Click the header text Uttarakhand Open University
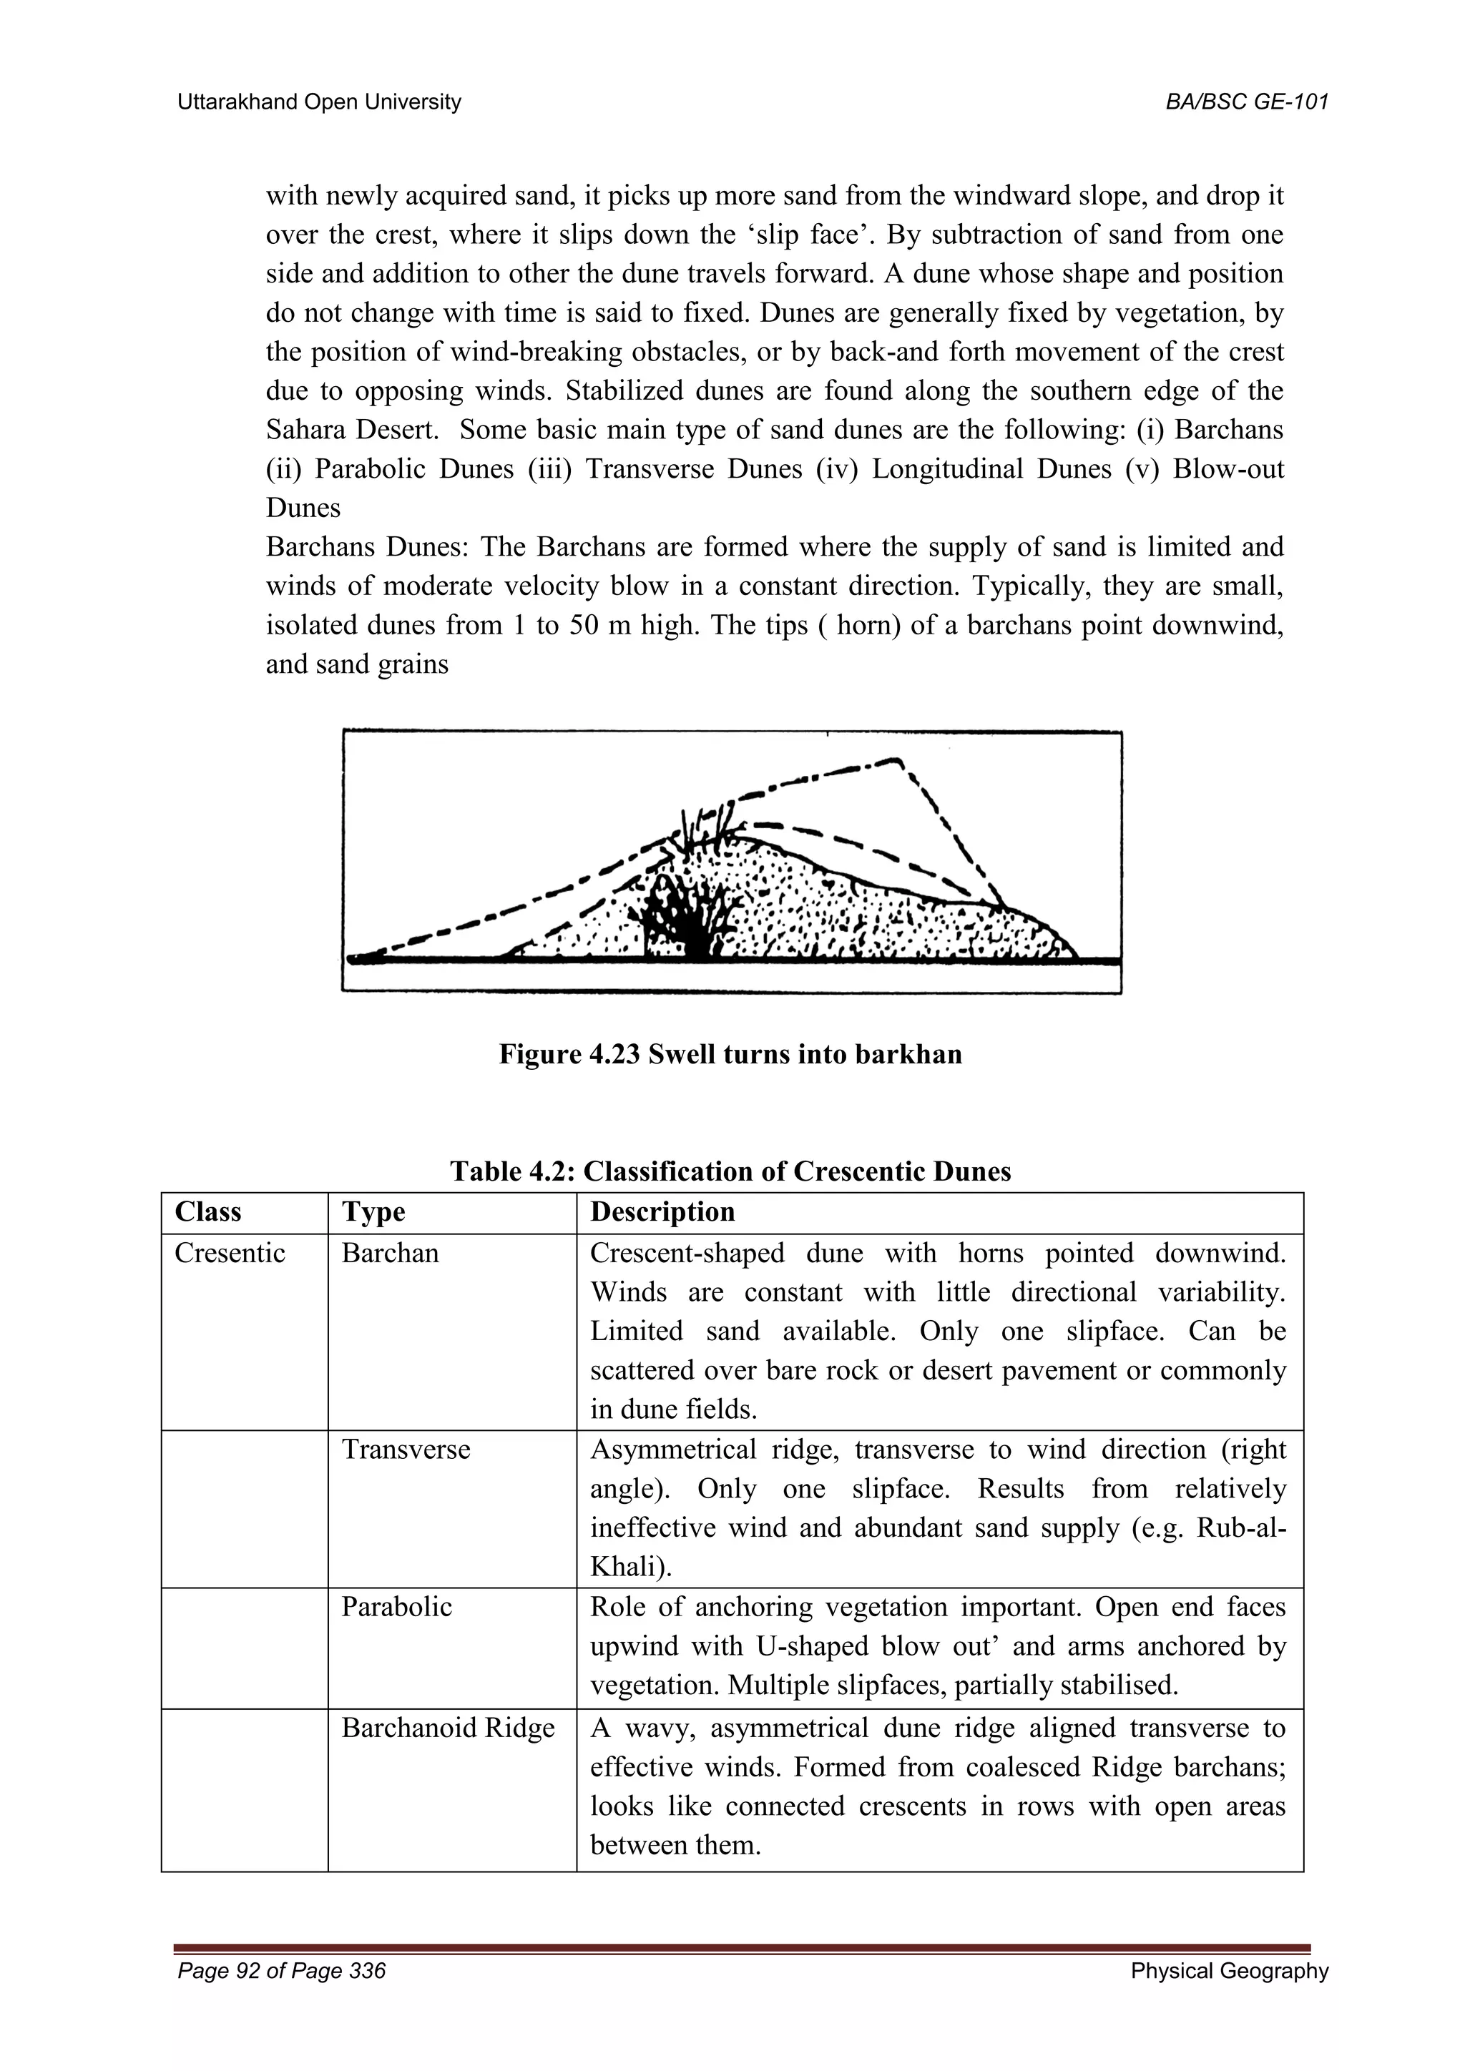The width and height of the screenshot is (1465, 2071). tap(318, 102)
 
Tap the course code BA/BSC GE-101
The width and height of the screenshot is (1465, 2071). tap(1247, 102)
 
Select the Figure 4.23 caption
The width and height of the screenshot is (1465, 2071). tap(730, 1053)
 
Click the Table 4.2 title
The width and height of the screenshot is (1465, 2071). tap(730, 1171)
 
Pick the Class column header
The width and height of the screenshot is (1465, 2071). tap(207, 1211)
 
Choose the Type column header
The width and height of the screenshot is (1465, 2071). tap(373, 1211)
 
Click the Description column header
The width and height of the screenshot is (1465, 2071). tap(662, 1211)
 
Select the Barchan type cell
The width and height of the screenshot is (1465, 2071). tap(390, 1253)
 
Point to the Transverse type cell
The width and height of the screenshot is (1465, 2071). tap(405, 1450)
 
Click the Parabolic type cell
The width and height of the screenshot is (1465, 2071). tap(396, 1606)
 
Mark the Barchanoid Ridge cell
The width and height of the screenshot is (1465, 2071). tap(447, 1727)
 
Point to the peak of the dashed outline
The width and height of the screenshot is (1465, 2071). tap(896, 762)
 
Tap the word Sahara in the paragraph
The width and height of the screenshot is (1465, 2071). tap(305, 429)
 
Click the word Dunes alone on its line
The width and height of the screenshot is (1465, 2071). tap(303, 508)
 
